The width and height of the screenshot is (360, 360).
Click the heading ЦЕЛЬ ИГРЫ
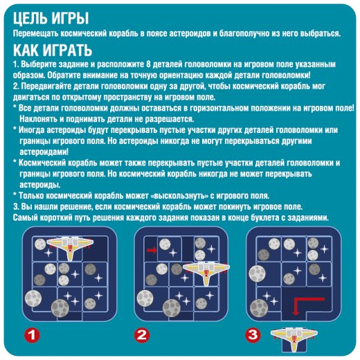[x=51, y=19]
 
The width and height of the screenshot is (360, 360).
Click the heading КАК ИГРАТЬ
[x=53, y=50]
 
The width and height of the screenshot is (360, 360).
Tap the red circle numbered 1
[x=32, y=335]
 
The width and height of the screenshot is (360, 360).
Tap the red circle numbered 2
[x=142, y=335]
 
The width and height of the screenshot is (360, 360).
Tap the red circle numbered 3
[x=253, y=335]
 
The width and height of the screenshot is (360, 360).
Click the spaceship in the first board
[x=70, y=247]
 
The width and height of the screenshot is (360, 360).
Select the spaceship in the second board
[x=206, y=272]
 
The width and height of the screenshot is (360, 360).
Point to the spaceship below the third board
[x=294, y=338]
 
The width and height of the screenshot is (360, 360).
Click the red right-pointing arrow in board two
[x=152, y=250]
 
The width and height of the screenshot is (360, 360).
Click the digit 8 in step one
[x=148, y=64]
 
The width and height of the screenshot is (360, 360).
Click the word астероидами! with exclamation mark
[x=44, y=152]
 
